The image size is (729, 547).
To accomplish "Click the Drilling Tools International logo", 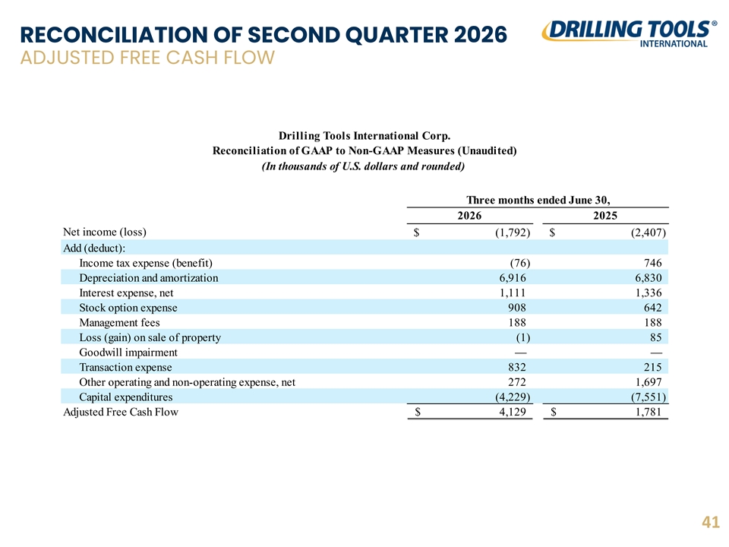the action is (629, 33).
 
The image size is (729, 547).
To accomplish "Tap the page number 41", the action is (711, 523).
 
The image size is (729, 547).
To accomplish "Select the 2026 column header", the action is (469, 215).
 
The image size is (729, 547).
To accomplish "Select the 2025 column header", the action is (605, 215).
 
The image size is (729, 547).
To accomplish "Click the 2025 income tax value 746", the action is (652, 263).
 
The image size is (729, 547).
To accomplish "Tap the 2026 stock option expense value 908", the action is (517, 308).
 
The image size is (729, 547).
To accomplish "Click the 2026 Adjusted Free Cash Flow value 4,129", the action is (513, 412).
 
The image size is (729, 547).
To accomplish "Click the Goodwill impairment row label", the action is (128, 353).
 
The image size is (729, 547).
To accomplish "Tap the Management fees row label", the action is (119, 323).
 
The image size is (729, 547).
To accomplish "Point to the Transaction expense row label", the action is (125, 368).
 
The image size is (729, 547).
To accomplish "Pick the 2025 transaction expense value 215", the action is (652, 367).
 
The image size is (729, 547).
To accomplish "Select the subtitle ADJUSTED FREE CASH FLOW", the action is (147, 58).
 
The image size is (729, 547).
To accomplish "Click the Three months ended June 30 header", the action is (538, 200).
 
